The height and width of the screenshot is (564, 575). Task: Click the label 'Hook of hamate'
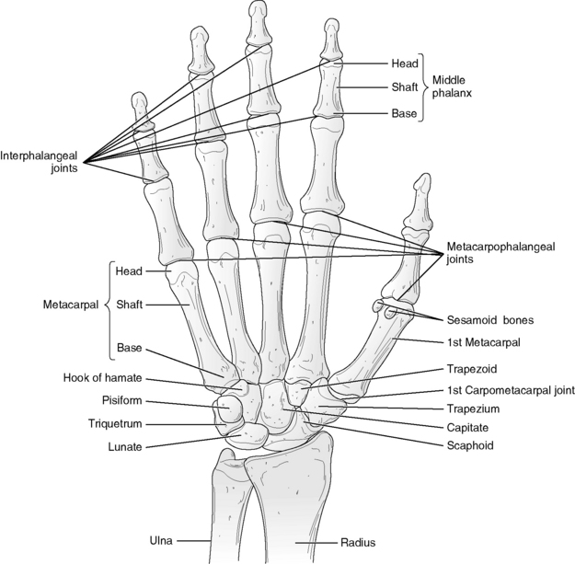101,379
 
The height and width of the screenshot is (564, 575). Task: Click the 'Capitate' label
469,427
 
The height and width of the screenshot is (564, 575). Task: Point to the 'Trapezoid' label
472,369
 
